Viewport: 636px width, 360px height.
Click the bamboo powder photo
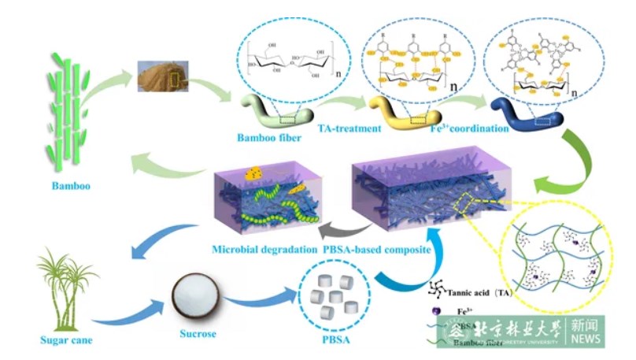click(x=167, y=80)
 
